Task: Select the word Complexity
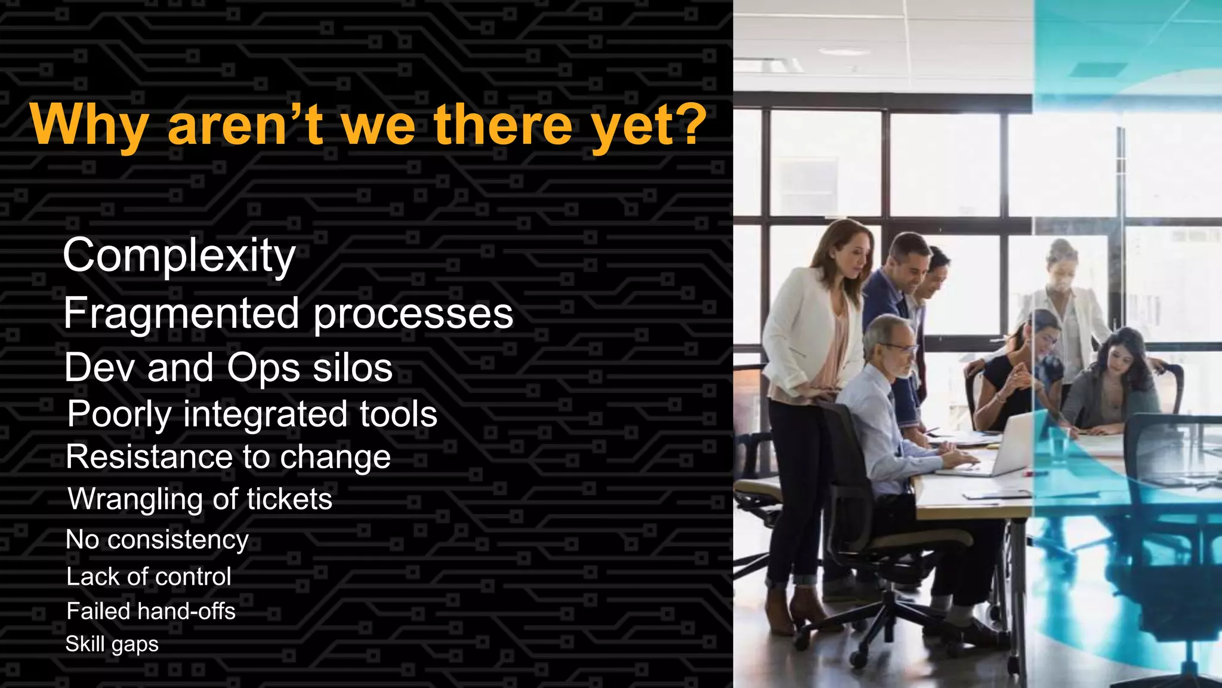[x=179, y=256]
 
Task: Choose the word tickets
[x=289, y=499]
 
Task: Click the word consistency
[x=178, y=540]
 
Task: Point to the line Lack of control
[x=149, y=577]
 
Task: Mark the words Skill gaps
[x=112, y=644]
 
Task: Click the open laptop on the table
[x=1008, y=445]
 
